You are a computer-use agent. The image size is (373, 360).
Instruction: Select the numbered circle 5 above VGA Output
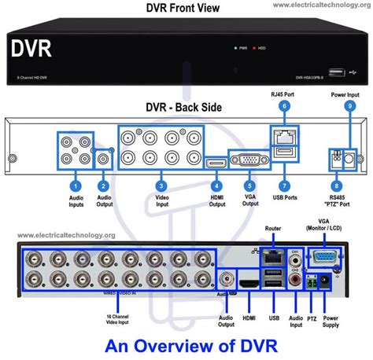[x=249, y=186]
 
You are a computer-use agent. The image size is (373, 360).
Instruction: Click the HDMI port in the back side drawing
[x=214, y=163]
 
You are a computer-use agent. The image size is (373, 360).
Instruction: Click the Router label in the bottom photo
[x=272, y=229]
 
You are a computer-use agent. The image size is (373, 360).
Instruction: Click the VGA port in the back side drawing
[x=247, y=160]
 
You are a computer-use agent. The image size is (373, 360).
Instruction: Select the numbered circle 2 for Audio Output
[x=103, y=186]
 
